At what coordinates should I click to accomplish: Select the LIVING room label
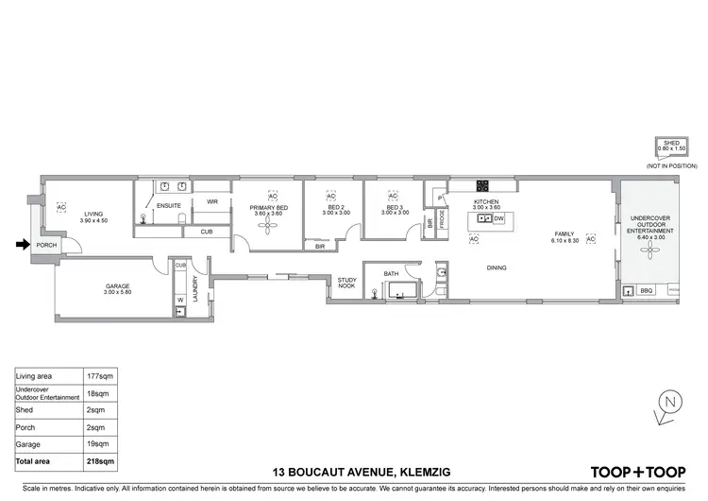[x=93, y=214]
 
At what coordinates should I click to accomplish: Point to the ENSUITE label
[x=169, y=204]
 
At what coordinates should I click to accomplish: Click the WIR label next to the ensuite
[x=212, y=201]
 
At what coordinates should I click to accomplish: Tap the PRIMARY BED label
[x=270, y=207]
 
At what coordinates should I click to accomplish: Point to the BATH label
[x=391, y=274]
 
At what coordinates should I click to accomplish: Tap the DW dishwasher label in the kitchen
[x=498, y=218]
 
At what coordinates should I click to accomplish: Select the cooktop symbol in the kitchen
[x=482, y=184]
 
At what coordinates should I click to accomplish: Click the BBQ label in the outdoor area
[x=647, y=290]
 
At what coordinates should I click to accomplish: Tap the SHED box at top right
[x=671, y=146]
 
